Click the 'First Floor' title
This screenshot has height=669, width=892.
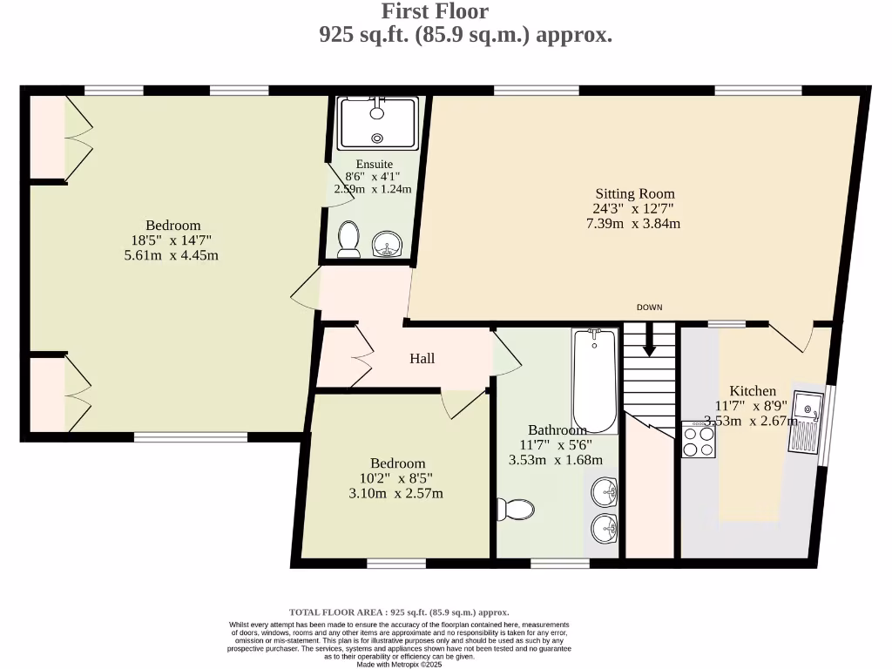coord(436,11)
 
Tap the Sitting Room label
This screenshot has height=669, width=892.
coord(635,193)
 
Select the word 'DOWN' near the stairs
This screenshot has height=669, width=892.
coord(650,307)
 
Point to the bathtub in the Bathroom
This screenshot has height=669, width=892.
coord(595,380)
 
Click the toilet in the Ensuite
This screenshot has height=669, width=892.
coord(349,239)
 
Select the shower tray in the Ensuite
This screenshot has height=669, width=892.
coord(378,123)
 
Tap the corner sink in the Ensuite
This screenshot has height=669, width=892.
coord(386,244)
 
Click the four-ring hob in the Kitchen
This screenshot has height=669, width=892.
coord(698,440)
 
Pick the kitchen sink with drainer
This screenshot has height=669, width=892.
coord(807,422)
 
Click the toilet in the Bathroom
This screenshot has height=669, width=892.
coord(513,509)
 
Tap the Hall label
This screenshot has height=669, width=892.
coord(422,358)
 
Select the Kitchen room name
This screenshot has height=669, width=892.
coord(753,391)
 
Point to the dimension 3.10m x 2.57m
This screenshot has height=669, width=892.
coord(397,494)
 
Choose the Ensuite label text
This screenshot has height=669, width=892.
coord(375,164)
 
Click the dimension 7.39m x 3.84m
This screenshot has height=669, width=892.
coord(635,223)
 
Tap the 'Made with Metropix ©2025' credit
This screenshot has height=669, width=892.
coord(399,664)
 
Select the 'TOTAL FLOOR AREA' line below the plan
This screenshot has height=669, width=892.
coord(399,612)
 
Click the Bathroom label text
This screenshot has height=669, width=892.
coord(557,430)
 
